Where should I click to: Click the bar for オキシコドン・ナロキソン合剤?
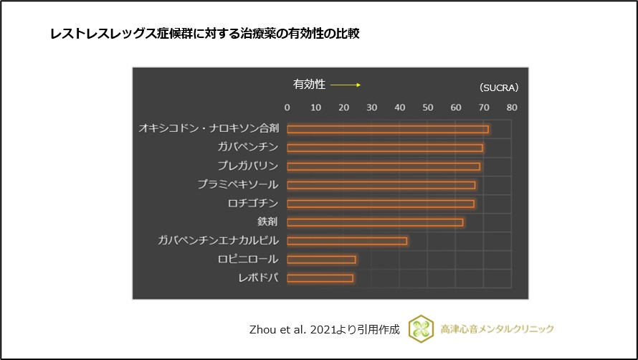(x=387, y=129)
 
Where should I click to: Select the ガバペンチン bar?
(x=384, y=148)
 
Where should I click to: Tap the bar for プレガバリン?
(x=383, y=166)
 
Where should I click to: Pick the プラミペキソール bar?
(x=381, y=185)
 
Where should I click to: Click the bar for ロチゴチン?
(x=380, y=204)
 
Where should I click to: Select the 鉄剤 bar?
(x=374, y=222)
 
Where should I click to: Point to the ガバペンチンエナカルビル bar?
(x=347, y=241)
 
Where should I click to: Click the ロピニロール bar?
(x=321, y=259)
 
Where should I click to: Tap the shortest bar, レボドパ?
(x=320, y=278)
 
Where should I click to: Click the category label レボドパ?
(x=258, y=278)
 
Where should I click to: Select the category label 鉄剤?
(x=267, y=222)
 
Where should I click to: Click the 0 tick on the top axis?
(x=287, y=108)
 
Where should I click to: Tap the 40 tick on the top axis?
(x=399, y=108)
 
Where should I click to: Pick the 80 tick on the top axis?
(x=511, y=108)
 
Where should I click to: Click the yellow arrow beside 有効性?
(x=345, y=85)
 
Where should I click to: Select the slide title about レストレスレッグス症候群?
(x=204, y=34)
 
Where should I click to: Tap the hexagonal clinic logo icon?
(x=421, y=328)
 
